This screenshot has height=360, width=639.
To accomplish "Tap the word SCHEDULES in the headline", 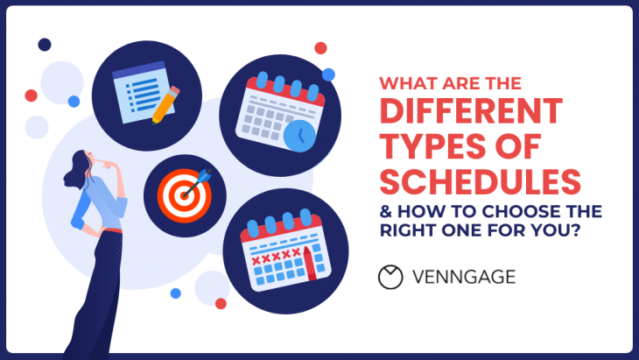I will pos(480,182).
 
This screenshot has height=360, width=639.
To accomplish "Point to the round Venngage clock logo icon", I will pos(390,277).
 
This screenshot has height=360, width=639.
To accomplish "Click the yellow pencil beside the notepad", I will pos(165,103).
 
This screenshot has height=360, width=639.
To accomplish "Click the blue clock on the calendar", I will pos(299,134).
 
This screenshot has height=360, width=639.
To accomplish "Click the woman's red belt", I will pos(109,231).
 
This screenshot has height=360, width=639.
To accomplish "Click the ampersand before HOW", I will pos(385,213).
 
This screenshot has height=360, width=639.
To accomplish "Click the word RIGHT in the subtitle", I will pos(407,233).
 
